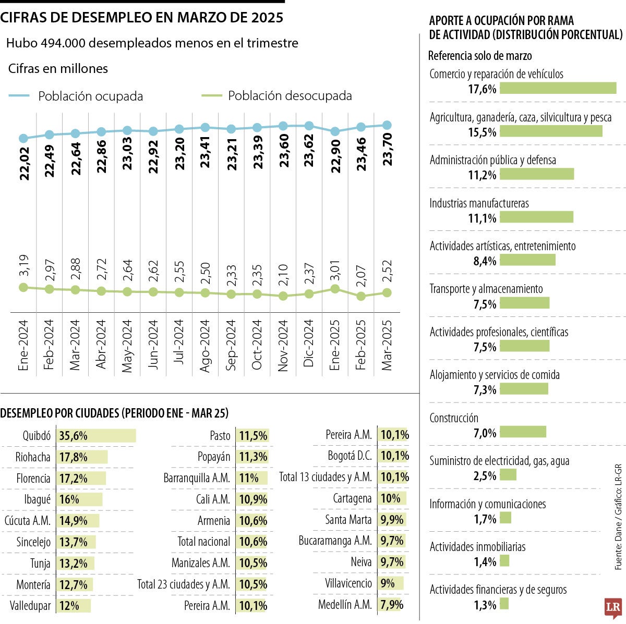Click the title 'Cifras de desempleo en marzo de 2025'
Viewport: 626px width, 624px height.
pos(141,18)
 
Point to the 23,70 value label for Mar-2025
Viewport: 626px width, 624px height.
pos(387,150)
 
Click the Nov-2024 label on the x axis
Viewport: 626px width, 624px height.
pos(283,346)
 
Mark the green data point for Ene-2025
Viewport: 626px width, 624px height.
pos(335,289)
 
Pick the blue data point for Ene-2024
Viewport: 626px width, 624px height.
pos(23,138)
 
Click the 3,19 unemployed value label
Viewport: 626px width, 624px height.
pos(23,266)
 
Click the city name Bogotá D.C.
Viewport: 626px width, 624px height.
pos(350,456)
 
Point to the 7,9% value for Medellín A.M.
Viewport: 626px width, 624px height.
pos(392,605)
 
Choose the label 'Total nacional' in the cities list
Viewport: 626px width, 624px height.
pos(203,542)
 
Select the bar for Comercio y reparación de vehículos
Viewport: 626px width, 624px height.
pos(558,88)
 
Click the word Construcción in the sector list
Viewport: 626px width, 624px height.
pos(453,418)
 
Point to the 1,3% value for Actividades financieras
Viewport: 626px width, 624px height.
pos(485,605)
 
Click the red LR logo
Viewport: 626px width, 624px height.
pos(613,608)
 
